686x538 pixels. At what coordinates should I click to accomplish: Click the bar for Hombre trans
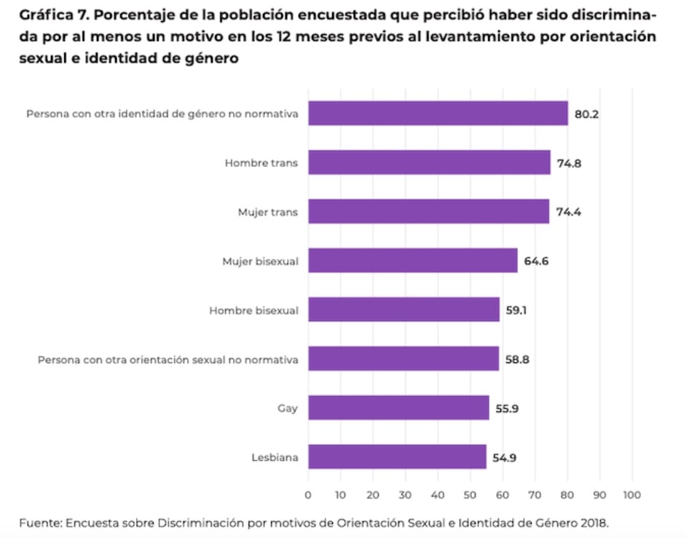(x=429, y=162)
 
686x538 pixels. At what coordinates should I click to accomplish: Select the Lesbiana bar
(x=397, y=457)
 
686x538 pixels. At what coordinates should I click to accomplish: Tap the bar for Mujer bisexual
(x=412, y=261)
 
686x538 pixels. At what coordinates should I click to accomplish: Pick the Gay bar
(x=398, y=408)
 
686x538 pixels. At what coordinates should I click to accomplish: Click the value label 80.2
(x=586, y=114)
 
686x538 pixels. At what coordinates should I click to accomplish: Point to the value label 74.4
(x=567, y=212)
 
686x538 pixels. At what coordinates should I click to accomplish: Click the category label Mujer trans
(x=268, y=212)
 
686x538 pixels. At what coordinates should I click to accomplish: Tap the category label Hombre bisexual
(x=253, y=310)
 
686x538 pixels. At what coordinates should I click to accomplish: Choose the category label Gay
(x=288, y=408)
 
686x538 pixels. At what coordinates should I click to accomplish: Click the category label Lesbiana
(x=275, y=457)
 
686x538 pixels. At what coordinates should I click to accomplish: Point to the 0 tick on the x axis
(x=308, y=495)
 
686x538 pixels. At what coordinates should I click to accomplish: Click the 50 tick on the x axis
(x=470, y=495)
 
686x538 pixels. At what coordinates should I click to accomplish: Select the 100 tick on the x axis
(x=631, y=495)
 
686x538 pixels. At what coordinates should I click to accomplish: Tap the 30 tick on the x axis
(x=405, y=495)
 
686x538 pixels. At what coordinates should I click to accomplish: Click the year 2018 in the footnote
(x=593, y=522)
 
